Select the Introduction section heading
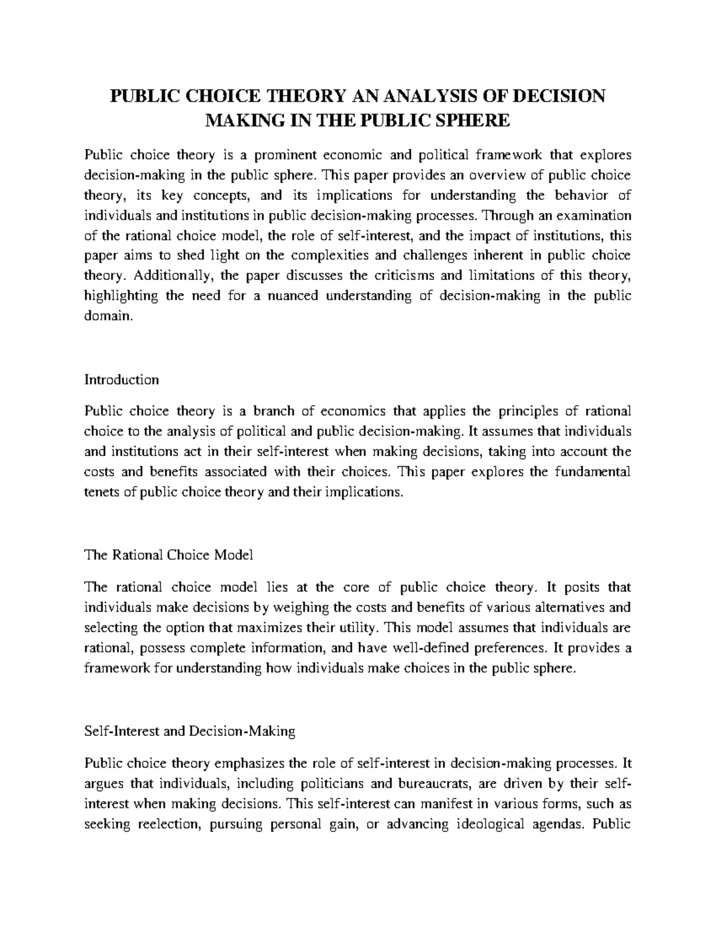[x=122, y=380]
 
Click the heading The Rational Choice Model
[x=169, y=555]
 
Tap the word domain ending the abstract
[x=106, y=316]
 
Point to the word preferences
[x=512, y=648]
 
